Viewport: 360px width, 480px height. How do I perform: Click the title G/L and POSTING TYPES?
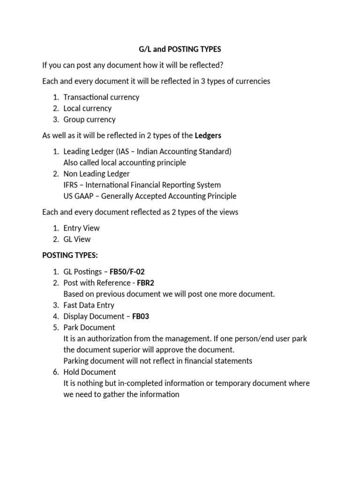pos(180,49)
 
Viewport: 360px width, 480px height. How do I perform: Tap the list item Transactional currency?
pos(101,97)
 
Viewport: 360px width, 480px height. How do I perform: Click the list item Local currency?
pos(88,108)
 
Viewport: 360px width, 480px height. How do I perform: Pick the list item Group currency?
pos(90,120)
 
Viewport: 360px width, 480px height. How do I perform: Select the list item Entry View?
pos(82,228)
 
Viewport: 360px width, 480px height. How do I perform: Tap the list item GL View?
pos(77,239)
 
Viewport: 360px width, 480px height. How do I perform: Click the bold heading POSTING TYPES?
pos(70,255)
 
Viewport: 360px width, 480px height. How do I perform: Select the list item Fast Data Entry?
pos(89,305)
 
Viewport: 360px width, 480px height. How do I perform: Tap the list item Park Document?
pos(89,327)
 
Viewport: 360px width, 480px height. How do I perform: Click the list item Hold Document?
pos(90,372)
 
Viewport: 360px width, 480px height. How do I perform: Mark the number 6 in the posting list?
pos(55,372)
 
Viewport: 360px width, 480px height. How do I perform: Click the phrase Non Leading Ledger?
pos(97,173)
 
